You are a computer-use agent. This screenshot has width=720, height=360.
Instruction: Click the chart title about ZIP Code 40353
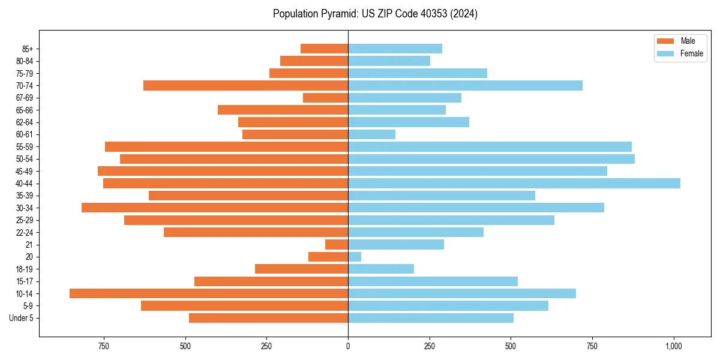[375, 14]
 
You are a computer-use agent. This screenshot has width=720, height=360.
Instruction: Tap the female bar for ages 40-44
[514, 183]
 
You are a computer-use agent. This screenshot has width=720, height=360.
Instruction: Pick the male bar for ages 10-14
[209, 293]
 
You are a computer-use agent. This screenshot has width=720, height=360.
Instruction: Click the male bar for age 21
[337, 244]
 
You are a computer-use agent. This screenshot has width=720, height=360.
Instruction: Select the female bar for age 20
[355, 257]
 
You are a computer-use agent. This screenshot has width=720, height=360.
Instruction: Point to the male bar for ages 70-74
[246, 85]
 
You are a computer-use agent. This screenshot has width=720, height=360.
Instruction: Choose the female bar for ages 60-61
[371, 134]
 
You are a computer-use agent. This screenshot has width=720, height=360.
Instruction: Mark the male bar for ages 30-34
[215, 208]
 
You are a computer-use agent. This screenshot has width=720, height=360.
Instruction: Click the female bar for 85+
[395, 49]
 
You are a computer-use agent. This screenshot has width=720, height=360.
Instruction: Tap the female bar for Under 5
[430, 318]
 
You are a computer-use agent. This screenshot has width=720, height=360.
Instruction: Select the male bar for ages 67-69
[325, 98]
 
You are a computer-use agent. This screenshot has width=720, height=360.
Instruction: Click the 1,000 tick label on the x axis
[673, 346]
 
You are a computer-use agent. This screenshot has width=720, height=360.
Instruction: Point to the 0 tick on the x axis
[348, 346]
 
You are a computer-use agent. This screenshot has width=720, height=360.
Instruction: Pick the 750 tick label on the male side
[104, 346]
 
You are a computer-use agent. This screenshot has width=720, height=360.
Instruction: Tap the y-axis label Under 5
[21, 318]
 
